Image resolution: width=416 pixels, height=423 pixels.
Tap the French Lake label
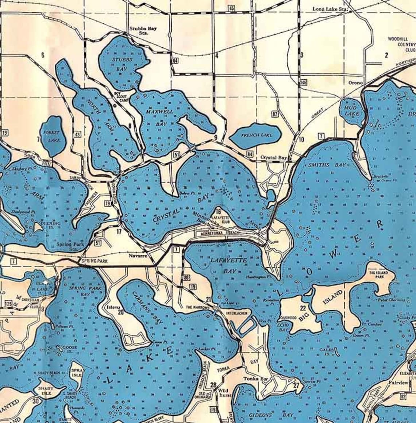click(x=257, y=135)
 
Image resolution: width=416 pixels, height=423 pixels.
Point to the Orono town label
click(x=355, y=83)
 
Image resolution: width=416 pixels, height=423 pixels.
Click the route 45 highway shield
click(x=232, y=8)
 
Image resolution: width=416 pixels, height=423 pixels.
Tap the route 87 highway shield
click(x=275, y=114)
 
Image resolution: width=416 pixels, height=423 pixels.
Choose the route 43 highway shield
click(x=77, y=134)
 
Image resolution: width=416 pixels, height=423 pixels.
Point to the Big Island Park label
click(x=378, y=274)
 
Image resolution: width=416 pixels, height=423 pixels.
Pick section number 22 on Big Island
click(x=303, y=308)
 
